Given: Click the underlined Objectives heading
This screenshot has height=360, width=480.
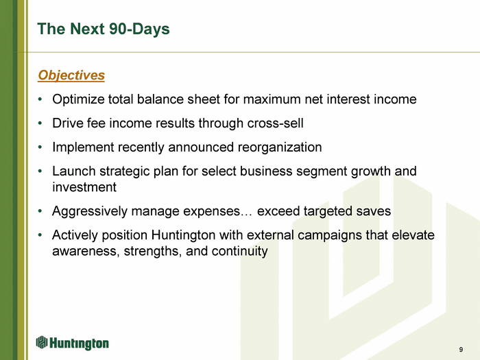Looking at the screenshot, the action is tap(71, 75).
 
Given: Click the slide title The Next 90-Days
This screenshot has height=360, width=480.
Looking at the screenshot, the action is tap(104, 29).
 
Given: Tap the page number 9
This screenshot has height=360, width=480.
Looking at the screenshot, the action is tap(461, 349).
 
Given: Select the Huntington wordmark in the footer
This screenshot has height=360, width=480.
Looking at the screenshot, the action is tap(79, 343).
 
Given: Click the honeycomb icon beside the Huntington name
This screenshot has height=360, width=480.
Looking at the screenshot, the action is tap(42, 342).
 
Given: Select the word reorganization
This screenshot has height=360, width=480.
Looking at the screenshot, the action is tap(280, 147).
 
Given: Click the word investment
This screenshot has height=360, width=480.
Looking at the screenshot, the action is tap(84, 187).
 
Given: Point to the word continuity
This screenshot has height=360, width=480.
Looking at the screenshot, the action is tap(240, 252).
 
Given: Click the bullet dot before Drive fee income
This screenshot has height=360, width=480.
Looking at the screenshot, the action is tap(40, 123).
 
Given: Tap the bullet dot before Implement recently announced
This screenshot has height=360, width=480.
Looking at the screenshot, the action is tap(40, 147).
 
